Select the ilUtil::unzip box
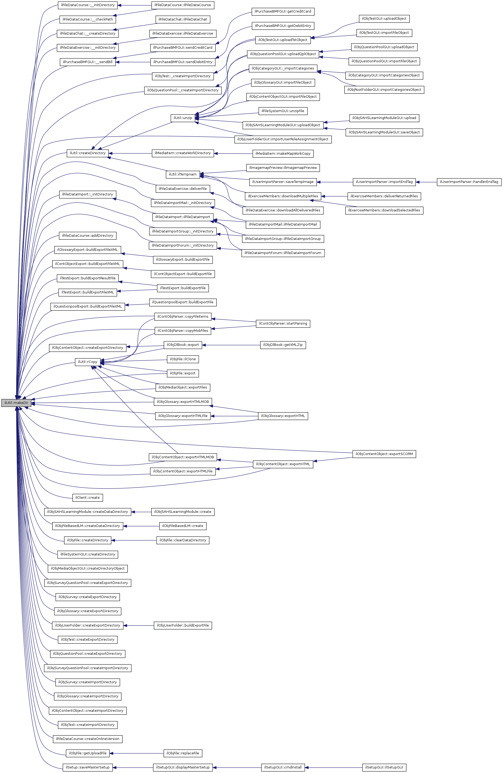click(x=182, y=118)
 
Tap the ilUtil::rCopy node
click(x=87, y=362)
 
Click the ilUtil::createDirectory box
click(x=87, y=153)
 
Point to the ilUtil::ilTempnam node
click(x=182, y=174)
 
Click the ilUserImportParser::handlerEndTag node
click(x=469, y=182)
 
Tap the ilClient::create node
click(x=87, y=498)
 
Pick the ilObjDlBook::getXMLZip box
click(x=283, y=345)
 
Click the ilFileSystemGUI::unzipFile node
click(x=283, y=111)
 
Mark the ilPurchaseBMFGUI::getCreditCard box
click(x=283, y=11)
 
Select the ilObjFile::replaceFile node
click(x=182, y=753)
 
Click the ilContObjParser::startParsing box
click(x=283, y=324)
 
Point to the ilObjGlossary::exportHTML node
click(x=283, y=416)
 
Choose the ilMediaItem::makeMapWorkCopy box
click(x=283, y=154)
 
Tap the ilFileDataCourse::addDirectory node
click(x=87, y=235)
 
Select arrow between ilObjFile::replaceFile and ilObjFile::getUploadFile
click(x=136, y=753)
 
